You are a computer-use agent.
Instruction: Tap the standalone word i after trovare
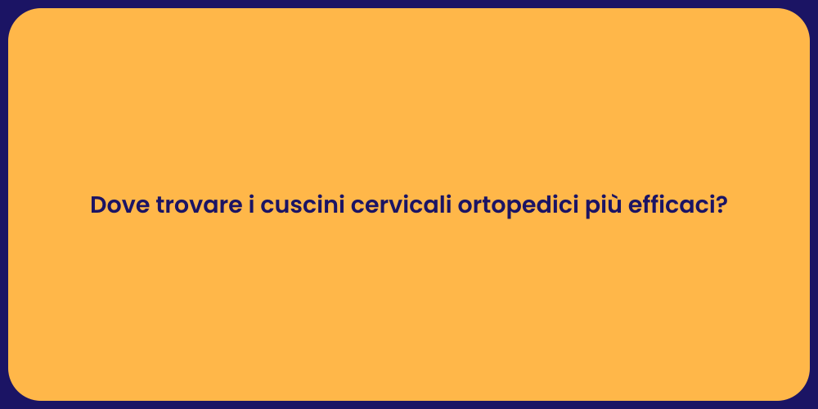click(251, 205)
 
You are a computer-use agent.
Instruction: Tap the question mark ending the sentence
click(721, 205)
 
